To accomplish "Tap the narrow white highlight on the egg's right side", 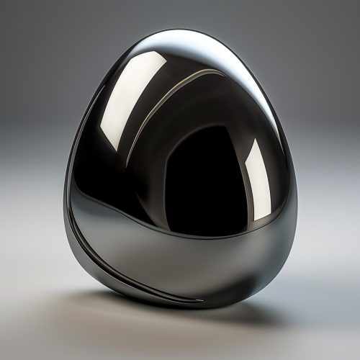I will point(258,176).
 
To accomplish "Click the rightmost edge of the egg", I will point(296,209).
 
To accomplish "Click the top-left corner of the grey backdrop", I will point(2,2).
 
